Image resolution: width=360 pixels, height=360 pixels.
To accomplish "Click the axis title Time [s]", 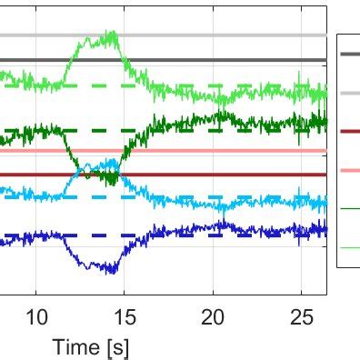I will pyautogui.click(x=90, y=346).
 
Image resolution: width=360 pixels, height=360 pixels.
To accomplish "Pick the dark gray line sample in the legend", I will pyautogui.click(x=349, y=54).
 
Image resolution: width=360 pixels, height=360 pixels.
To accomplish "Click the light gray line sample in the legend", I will pyautogui.click(x=349, y=93).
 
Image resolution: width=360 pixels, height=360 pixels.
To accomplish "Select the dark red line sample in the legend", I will pyautogui.click(x=349, y=131).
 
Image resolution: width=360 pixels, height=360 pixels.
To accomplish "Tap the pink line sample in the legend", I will pyautogui.click(x=349, y=170).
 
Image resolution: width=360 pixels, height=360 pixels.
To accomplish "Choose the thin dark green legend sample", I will pyautogui.click(x=349, y=208).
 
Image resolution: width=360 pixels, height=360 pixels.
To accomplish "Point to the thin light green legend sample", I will pyautogui.click(x=349, y=247).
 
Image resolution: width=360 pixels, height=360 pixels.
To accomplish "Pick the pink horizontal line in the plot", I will pyautogui.click(x=227, y=151).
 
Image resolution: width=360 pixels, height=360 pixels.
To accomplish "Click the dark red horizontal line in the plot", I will pyautogui.click(x=227, y=175).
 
